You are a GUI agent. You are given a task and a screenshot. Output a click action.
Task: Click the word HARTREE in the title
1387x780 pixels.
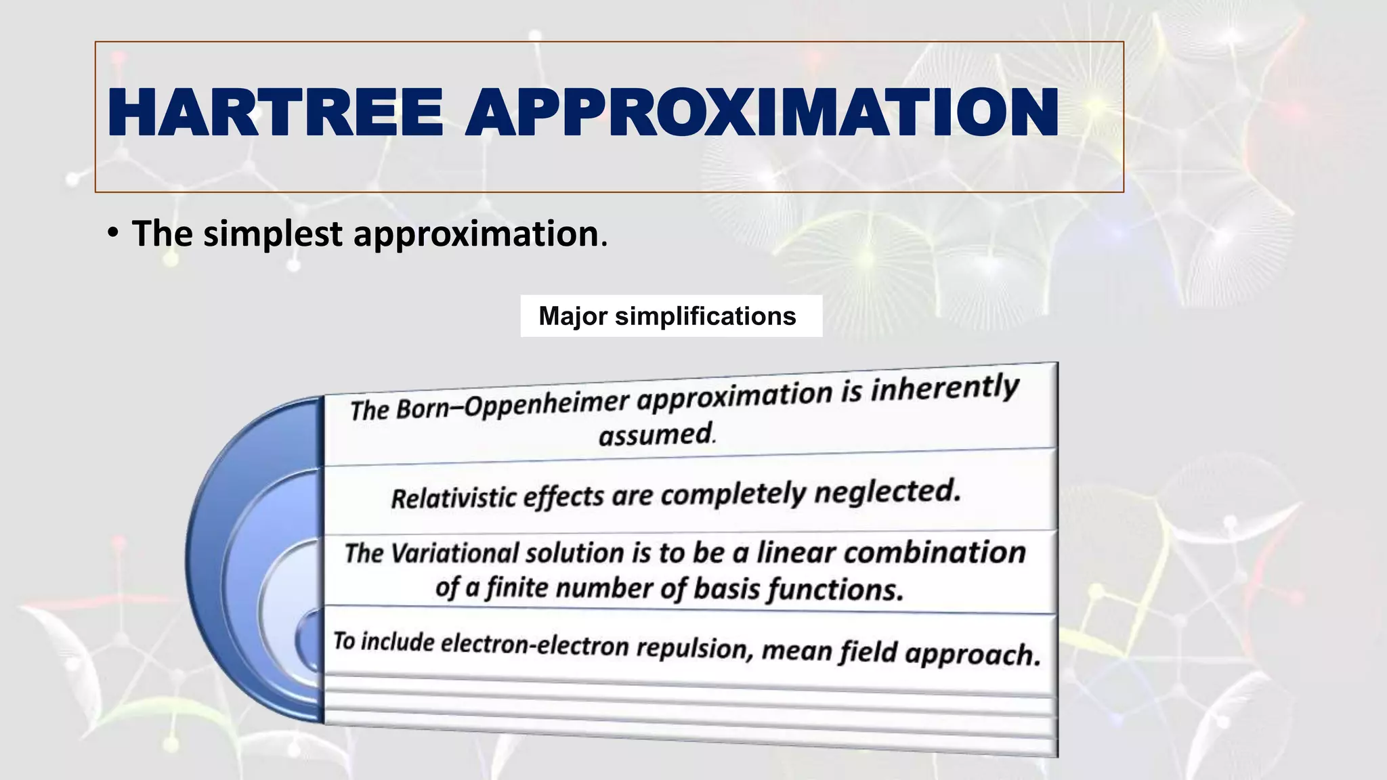click(x=274, y=113)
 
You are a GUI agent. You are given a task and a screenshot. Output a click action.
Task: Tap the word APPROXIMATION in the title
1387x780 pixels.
click(x=761, y=113)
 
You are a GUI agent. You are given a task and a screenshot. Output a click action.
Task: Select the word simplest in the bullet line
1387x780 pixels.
click(x=273, y=234)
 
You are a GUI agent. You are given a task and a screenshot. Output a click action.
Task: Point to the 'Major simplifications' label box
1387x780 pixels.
click(x=670, y=316)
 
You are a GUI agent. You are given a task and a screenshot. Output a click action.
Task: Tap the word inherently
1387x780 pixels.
click(x=944, y=389)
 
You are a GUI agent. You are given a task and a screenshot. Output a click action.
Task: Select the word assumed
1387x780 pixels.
click(x=656, y=435)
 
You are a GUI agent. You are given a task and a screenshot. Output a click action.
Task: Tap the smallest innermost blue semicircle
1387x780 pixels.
click(x=310, y=640)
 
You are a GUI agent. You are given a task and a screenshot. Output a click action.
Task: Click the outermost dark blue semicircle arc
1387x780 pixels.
click(x=203, y=555)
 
